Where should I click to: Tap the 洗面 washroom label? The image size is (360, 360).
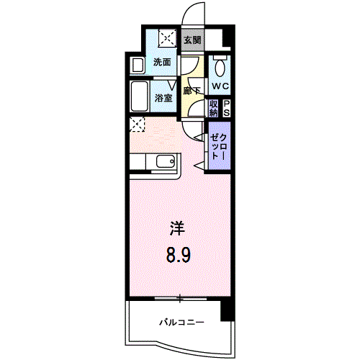tap(163, 63)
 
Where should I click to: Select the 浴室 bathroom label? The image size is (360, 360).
tap(163, 98)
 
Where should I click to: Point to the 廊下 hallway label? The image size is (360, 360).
tap(191, 91)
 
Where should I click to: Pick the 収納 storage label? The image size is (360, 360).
tap(214, 108)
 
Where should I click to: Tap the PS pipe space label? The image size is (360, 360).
tap(227, 108)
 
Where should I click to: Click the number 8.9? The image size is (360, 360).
tap(178, 255)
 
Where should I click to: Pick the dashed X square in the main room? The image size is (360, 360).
tap(138, 125)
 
